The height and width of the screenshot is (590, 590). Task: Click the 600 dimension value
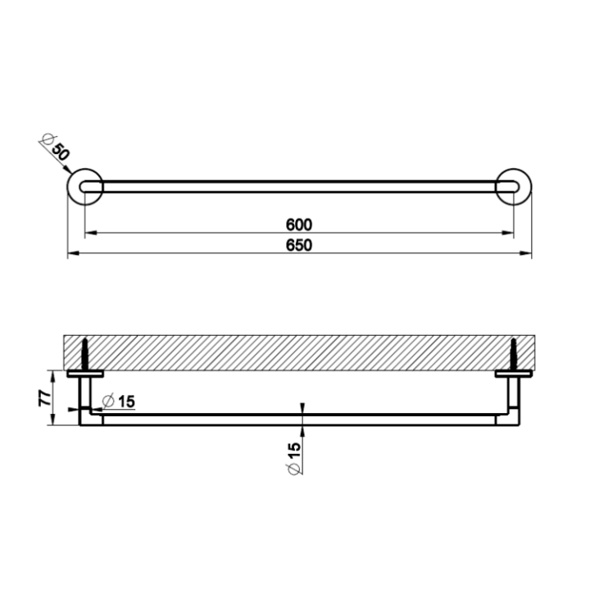click(299, 224)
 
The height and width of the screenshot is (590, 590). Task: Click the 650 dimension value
click(299, 246)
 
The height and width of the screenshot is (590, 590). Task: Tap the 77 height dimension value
click(46, 398)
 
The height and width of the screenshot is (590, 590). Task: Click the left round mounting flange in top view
click(84, 187)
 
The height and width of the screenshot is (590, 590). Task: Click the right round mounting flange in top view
click(515, 187)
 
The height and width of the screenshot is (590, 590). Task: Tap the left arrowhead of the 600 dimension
click(88, 234)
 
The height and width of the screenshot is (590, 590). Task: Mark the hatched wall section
click(299, 352)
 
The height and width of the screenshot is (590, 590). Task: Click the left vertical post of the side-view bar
click(84, 397)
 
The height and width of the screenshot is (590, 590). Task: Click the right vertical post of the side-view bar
click(515, 397)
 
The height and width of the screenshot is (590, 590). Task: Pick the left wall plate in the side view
click(84, 374)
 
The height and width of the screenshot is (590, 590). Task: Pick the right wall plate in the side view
click(515, 374)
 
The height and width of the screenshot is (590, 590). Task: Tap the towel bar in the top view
click(299, 187)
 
